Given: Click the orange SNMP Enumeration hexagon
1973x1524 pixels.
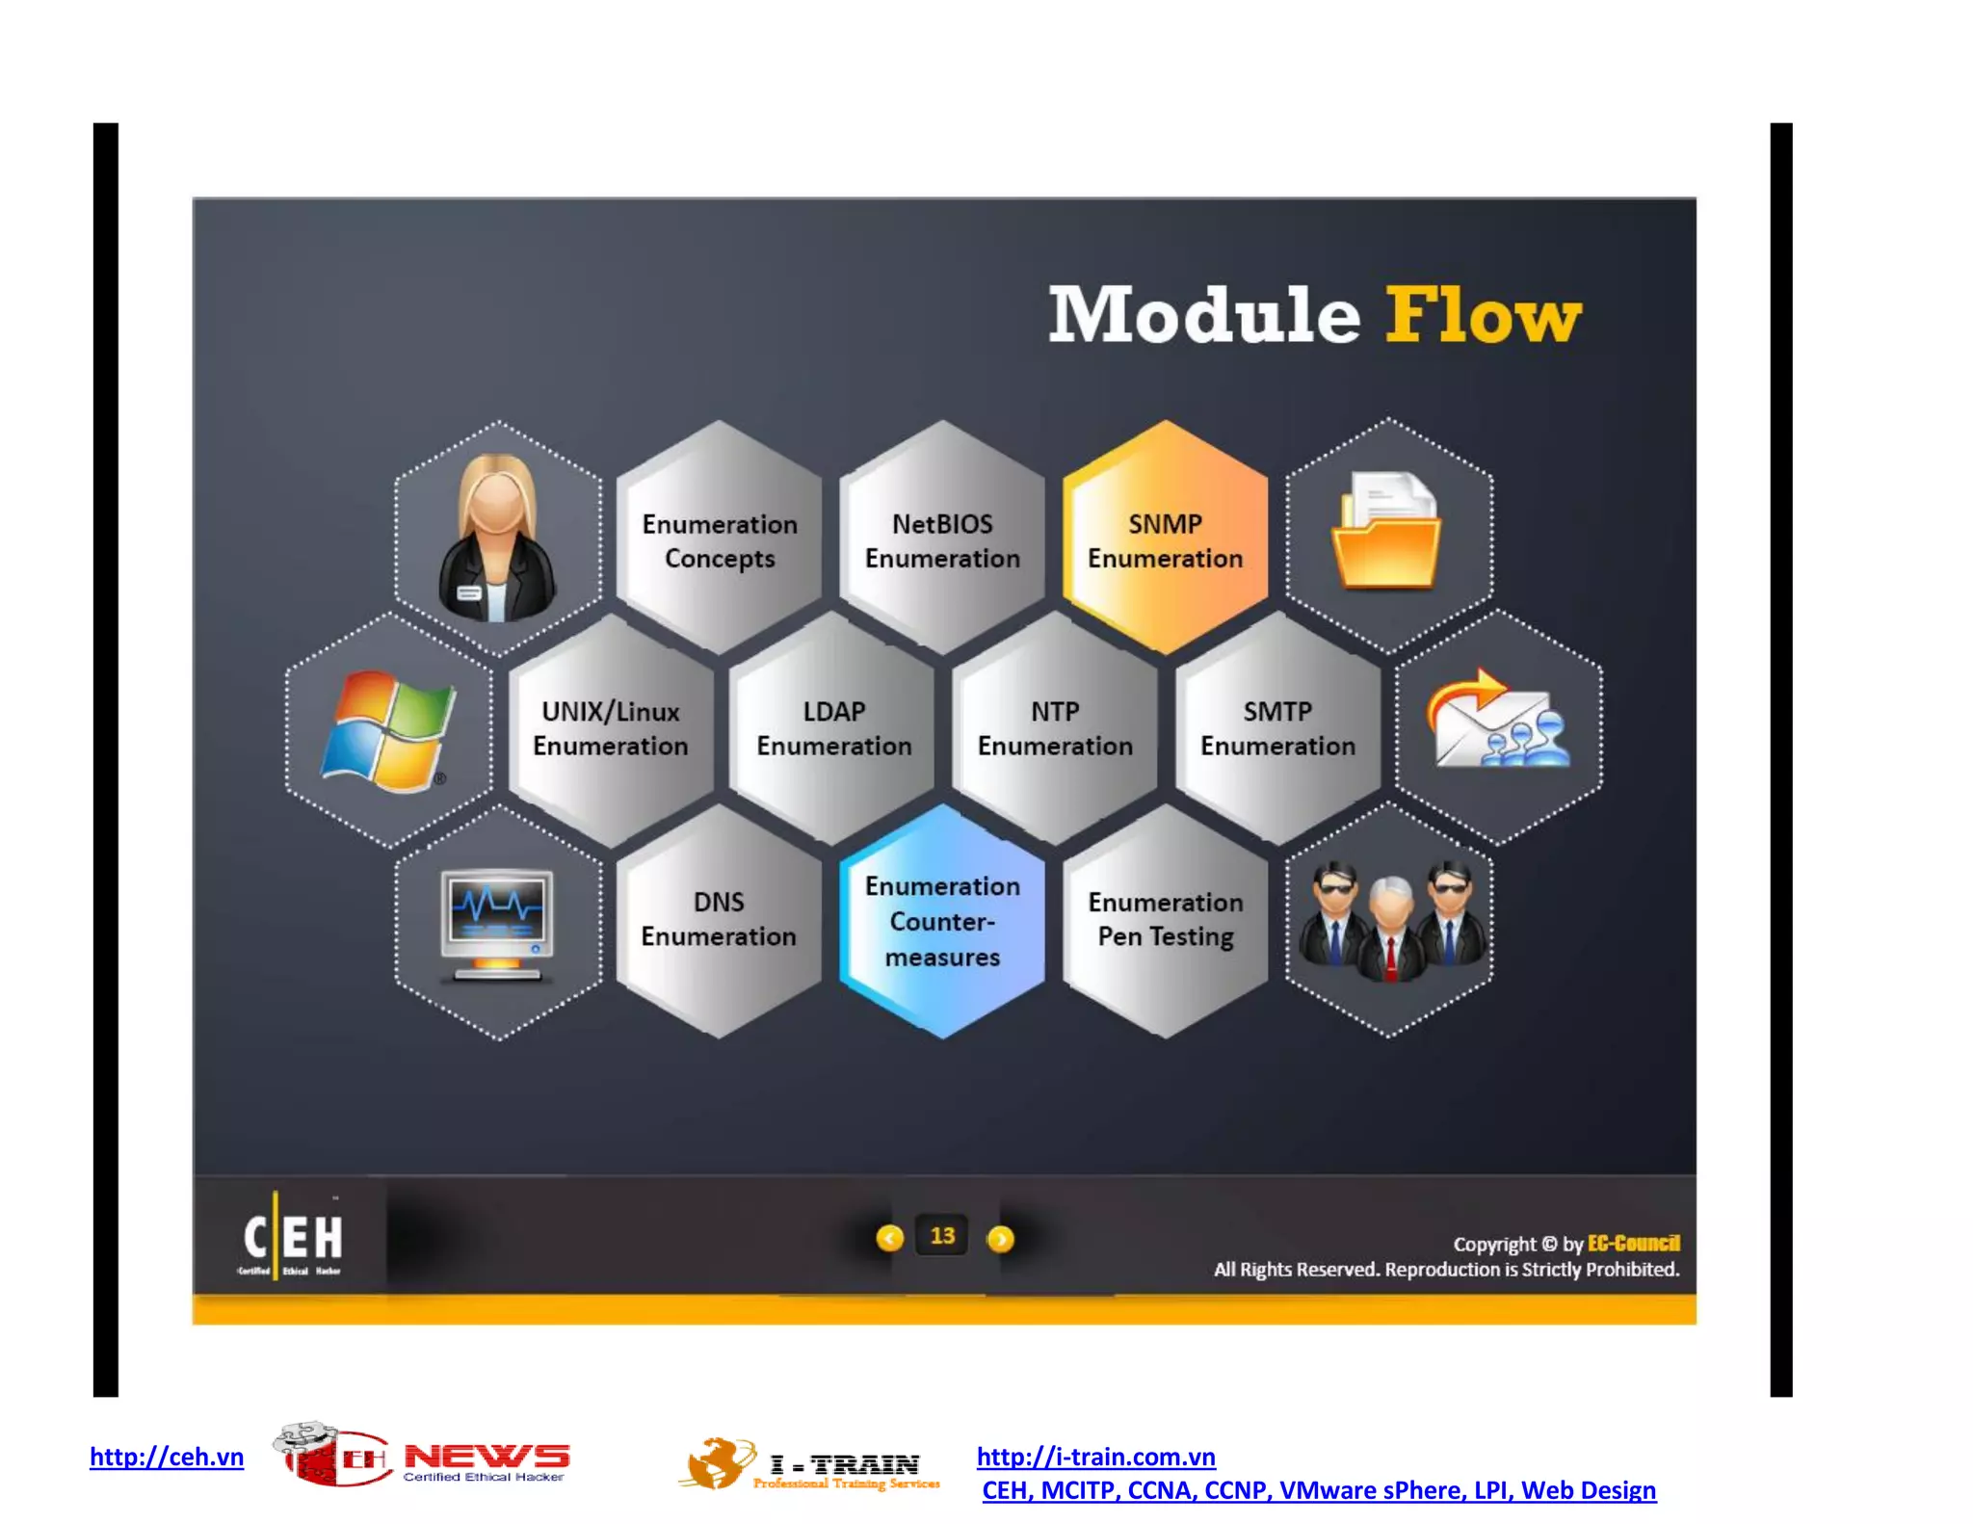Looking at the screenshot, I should point(1165,539).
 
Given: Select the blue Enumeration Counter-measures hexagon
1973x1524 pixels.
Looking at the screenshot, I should point(942,921).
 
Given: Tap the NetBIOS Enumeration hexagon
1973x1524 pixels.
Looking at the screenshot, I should point(942,539).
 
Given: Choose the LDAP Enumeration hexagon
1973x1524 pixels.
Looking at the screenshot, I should point(833,728).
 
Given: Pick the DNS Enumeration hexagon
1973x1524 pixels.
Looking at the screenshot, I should point(719,919).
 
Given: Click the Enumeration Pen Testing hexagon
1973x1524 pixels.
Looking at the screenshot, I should point(1165,919).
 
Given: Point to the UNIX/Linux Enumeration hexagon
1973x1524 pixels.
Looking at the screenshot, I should point(611,728).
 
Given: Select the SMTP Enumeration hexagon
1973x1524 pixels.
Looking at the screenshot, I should point(1277,728).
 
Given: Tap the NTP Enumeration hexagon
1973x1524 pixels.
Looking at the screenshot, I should point(1055,728).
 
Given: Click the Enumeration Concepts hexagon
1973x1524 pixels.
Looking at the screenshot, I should point(720,539).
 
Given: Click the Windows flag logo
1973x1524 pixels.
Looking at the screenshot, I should point(387,730).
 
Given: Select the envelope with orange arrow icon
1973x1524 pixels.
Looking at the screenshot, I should point(1497,721).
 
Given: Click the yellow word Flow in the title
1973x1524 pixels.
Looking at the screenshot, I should point(1484,315).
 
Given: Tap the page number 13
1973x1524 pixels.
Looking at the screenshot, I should point(942,1236).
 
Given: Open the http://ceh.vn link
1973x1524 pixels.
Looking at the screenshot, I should point(167,1456).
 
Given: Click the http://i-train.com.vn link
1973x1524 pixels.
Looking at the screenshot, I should point(1095,1456).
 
